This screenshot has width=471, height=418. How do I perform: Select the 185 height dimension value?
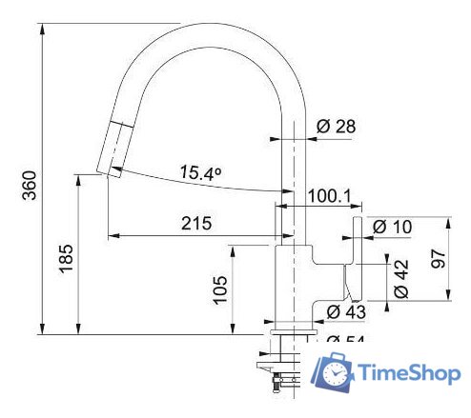coord(65,257)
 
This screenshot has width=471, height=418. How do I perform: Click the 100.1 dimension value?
coord(329,197)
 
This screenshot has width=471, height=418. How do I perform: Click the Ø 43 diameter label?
coord(347,311)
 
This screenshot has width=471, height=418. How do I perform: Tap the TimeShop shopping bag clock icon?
coord(333,372)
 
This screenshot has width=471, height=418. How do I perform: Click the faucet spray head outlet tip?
coord(108,170)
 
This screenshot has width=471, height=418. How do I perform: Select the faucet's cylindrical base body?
coord(294,281)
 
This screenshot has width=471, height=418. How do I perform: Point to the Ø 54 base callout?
coord(347,340)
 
